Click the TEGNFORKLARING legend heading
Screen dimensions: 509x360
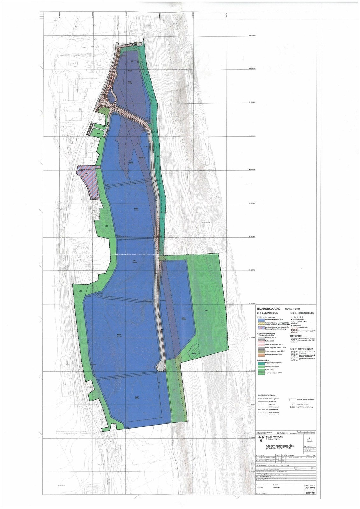coord(268,309)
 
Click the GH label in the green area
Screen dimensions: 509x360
coord(206,310)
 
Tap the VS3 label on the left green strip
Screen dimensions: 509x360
coord(81,291)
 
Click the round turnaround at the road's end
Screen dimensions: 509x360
coord(161,367)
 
